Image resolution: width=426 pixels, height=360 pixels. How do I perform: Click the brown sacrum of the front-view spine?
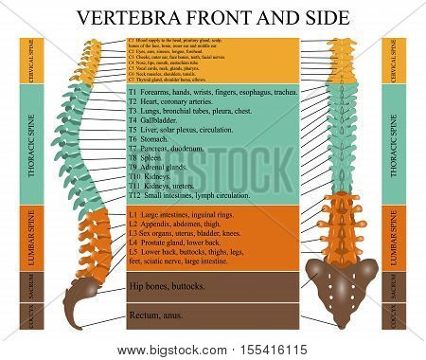coord(343,285)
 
